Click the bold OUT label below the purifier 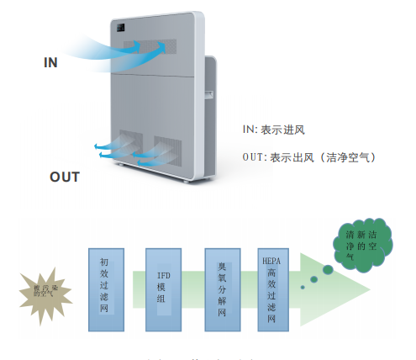(65, 177)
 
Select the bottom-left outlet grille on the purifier (130, 145)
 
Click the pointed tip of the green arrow (368, 291)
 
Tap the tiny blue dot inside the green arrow (303, 286)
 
